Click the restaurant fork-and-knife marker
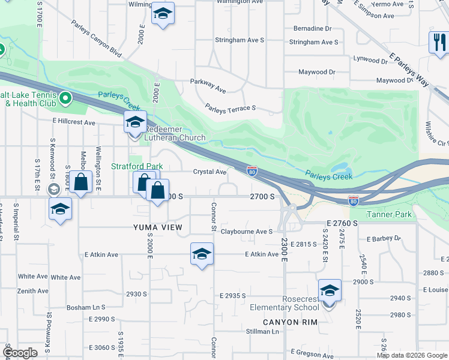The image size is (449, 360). (x=439, y=42)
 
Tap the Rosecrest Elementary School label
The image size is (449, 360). (x=285, y=303)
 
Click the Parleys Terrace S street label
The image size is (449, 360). (x=231, y=108)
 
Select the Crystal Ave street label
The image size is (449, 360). (x=209, y=172)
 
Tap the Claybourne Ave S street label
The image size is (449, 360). (x=247, y=232)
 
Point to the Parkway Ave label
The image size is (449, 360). (x=208, y=86)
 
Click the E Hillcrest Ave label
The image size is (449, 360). (x=74, y=122)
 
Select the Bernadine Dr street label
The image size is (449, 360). (x=312, y=28)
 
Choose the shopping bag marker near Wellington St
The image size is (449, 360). (x=80, y=182)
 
